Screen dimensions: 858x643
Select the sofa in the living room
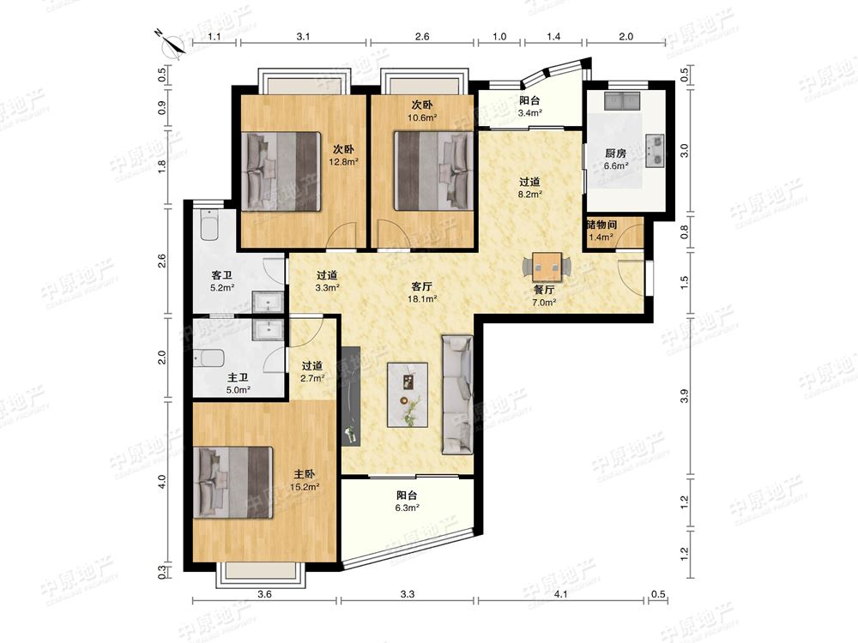click(457, 394)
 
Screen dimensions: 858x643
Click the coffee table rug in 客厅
click(408, 394)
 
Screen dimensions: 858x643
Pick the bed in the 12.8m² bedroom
click(281, 171)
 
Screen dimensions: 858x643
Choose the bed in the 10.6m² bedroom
click(433, 171)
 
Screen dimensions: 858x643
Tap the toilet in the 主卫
click(209, 359)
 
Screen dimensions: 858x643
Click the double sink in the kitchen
click(623, 101)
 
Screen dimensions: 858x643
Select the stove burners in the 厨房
click(655, 150)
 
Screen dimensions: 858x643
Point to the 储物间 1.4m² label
click(601, 230)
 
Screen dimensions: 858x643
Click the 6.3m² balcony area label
click(407, 502)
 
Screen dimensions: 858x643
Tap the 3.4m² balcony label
click(529, 106)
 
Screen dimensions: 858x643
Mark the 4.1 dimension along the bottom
click(560, 594)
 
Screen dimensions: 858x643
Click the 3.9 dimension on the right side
click(684, 396)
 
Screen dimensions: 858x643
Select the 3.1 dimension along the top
click(303, 36)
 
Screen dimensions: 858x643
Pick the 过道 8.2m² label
click(529, 187)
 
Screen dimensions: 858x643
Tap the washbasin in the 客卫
click(267, 302)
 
